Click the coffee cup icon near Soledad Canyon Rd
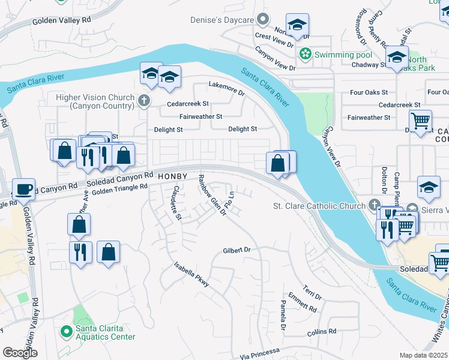[x=24, y=189]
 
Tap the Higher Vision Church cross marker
[x=143, y=101]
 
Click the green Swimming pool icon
[x=306, y=55]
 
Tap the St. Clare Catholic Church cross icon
[x=375, y=206]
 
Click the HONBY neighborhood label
[x=173, y=176]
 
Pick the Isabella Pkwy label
[x=191, y=274]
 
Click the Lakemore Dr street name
[x=226, y=88]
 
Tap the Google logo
[x=20, y=352]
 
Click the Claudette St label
[x=176, y=203]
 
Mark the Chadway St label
[x=354, y=65]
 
